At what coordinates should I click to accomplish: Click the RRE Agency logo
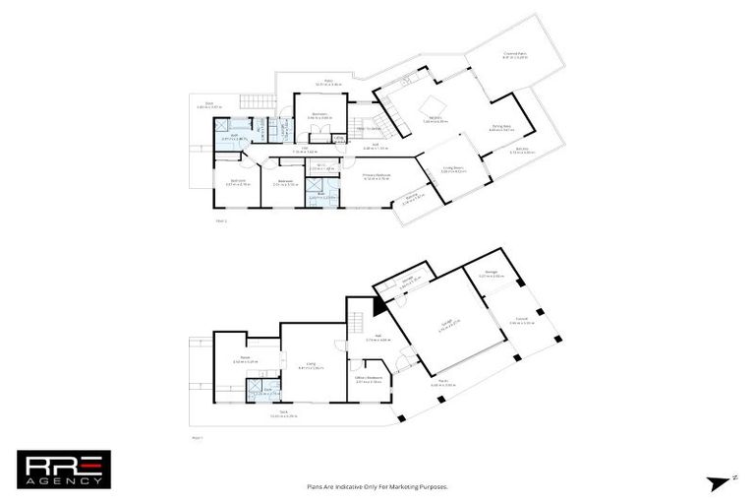point(64,470)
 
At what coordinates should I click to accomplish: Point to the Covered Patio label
point(516,56)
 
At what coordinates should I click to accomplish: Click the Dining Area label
point(502,127)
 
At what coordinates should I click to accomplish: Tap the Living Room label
point(453,170)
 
